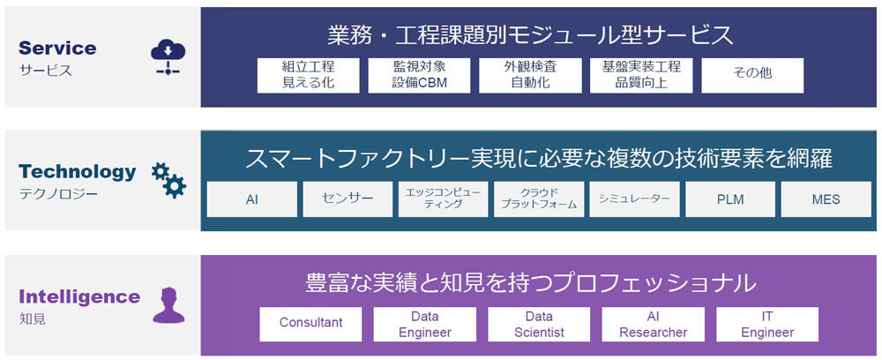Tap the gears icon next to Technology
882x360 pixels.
[168, 179]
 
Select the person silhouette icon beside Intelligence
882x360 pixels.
[168, 304]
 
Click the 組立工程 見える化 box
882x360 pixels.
[309, 76]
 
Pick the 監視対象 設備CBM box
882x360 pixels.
[419, 76]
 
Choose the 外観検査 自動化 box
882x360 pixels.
[530, 76]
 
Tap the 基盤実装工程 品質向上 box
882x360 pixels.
[641, 76]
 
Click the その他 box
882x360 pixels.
[752, 76]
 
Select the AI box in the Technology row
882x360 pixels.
[251, 199]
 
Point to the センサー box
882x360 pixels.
[348, 199]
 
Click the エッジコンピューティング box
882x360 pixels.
[443, 199]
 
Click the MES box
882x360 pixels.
[826, 199]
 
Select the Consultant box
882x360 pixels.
[310, 324]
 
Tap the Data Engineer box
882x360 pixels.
[424, 324]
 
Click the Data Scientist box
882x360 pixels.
[539, 324]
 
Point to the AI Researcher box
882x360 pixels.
[653, 324]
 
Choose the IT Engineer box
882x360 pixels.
[766, 324]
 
